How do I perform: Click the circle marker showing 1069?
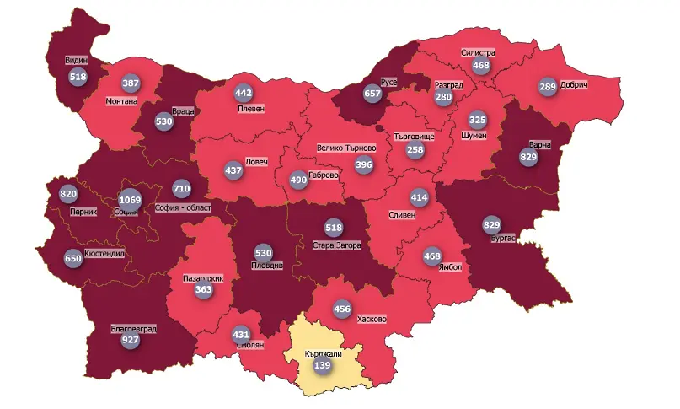coord(130,200)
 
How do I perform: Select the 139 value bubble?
coord(321,367)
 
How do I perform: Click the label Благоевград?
coord(133,329)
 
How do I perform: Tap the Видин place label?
coord(77,61)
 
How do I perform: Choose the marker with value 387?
coord(131,83)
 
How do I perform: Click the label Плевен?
coord(250,109)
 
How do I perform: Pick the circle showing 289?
coord(548,86)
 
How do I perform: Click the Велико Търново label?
coord(345,148)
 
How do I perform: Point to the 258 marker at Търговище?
coord(415,149)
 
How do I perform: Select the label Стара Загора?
coord(336,245)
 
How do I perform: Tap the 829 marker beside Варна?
coord(528,157)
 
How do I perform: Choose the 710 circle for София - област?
coord(181,187)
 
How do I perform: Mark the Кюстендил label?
coord(104,253)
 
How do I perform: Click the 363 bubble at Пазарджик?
coord(203,289)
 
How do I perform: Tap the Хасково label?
coord(372,320)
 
